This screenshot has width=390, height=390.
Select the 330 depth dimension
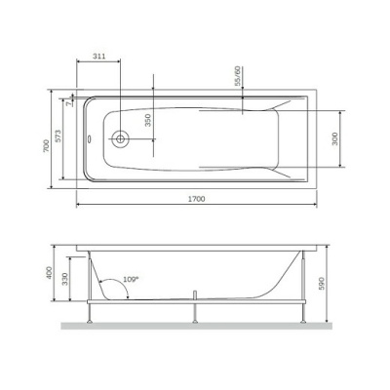point(65,279)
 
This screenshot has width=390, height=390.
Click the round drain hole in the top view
point(120,137)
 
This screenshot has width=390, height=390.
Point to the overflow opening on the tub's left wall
point(89,137)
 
